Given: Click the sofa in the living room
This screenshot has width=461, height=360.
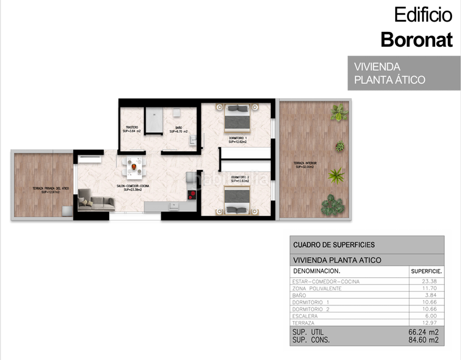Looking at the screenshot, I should click(x=96, y=200).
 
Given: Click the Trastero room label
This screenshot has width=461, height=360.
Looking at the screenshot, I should click(x=132, y=128).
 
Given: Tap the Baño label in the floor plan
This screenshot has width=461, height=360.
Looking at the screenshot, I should click(x=179, y=129).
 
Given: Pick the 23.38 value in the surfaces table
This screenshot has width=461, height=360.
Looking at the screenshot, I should click(x=430, y=281).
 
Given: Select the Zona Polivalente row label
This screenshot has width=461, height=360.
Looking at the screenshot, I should click(x=317, y=289).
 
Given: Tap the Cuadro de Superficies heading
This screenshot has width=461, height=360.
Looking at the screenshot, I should click(x=333, y=245).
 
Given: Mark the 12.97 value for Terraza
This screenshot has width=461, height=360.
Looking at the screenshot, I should click(x=430, y=323).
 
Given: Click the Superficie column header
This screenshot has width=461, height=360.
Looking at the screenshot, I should click(x=426, y=271).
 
